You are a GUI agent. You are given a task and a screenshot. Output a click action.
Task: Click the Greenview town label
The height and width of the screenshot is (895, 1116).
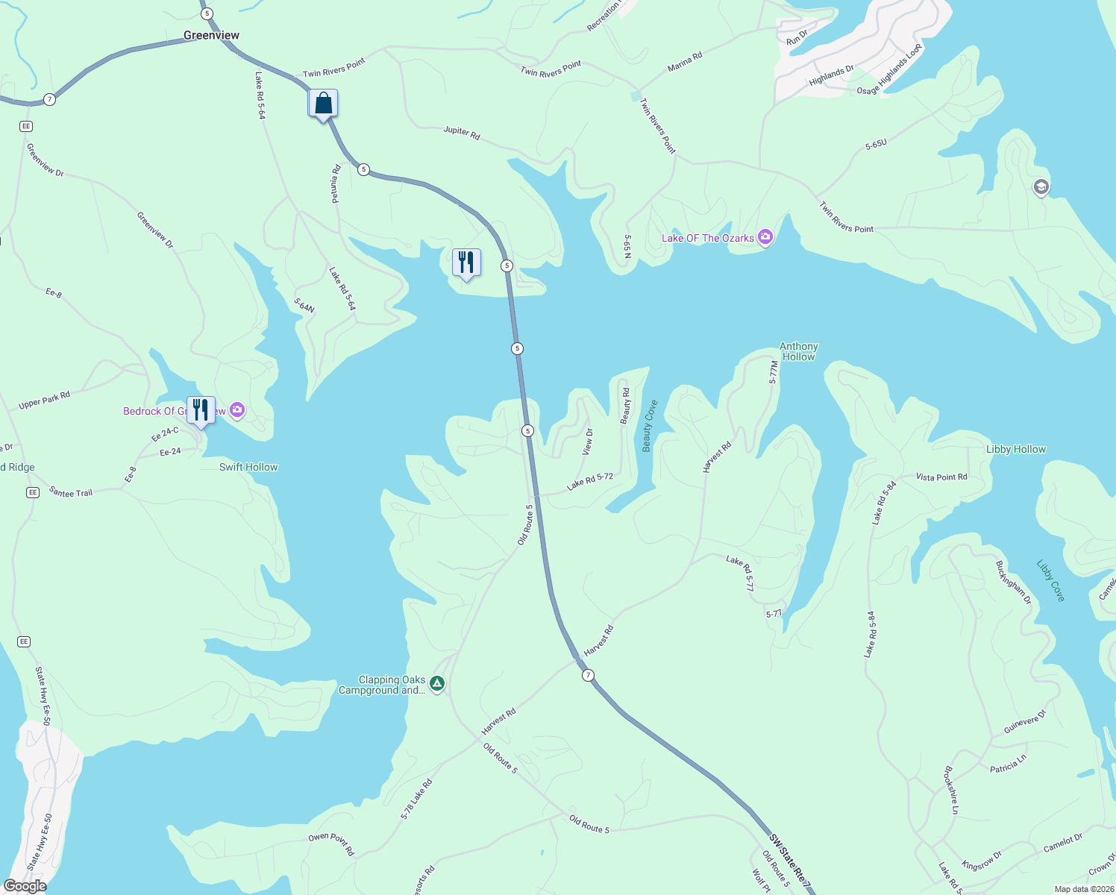[x=211, y=35]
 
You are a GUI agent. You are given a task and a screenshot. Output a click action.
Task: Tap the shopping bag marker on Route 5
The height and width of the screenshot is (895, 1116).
[x=323, y=104]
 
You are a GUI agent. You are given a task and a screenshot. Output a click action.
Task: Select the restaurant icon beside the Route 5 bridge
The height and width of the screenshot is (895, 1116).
[x=466, y=263]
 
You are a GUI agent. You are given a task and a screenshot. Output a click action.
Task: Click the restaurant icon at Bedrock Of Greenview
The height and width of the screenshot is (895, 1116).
[x=201, y=410]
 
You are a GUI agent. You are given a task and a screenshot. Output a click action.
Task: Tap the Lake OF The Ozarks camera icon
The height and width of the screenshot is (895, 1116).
[x=765, y=238]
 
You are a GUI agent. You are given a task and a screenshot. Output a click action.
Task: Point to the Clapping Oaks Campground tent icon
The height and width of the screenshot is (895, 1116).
[x=437, y=684]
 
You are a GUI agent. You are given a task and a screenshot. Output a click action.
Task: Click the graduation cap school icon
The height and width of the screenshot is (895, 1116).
[x=1041, y=186]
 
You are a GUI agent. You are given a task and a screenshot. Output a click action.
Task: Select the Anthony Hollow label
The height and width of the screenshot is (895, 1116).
[x=798, y=351]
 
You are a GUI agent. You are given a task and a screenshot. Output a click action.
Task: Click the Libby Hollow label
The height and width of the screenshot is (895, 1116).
[x=1015, y=449]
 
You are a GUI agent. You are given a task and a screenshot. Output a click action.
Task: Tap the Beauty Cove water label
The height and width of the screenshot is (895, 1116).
[x=649, y=426]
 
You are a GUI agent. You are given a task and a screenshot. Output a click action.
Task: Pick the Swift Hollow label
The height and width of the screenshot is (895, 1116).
[x=248, y=467]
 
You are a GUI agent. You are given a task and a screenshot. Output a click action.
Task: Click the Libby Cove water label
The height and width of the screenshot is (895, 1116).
[x=1050, y=580]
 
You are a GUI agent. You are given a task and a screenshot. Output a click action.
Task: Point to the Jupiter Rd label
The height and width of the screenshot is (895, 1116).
[x=462, y=133]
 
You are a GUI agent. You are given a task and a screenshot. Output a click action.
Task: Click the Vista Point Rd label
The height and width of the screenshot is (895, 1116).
[x=941, y=477]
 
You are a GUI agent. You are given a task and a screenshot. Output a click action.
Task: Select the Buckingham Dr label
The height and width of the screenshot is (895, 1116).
[x=1014, y=582]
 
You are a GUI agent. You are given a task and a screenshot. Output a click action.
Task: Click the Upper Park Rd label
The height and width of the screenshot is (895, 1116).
[x=44, y=401]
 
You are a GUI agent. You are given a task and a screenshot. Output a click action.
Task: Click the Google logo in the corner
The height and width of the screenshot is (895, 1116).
[x=25, y=886]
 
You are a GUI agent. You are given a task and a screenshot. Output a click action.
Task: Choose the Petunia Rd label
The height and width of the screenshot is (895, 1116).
[x=336, y=183]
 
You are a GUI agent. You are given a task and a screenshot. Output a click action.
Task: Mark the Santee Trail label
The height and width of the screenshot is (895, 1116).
[x=71, y=492]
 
